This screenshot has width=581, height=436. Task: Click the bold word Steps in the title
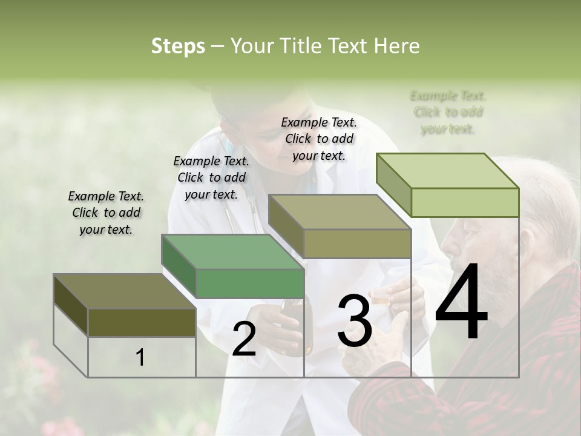[x=178, y=46]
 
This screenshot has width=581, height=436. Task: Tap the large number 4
[x=461, y=302]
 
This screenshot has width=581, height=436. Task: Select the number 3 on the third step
[x=355, y=321]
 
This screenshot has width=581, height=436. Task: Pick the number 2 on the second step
[x=244, y=339]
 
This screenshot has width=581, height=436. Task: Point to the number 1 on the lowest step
[x=140, y=357]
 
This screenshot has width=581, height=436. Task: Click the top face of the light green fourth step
[x=448, y=170]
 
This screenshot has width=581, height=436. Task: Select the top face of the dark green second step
[x=233, y=251]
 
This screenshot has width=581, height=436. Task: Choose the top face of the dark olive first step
[x=125, y=291]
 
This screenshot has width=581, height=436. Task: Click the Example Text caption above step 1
[x=106, y=213]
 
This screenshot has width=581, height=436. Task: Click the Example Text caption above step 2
[x=211, y=177]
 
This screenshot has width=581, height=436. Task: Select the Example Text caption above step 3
[x=319, y=139]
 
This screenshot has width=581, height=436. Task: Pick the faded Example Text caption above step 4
[x=448, y=112]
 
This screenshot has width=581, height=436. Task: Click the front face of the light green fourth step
[x=465, y=202]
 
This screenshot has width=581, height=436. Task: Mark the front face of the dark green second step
[x=250, y=283]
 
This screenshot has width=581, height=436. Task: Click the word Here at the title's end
[x=396, y=46]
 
